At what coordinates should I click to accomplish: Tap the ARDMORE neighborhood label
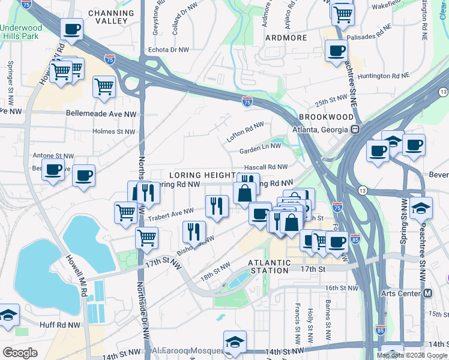(285, 38)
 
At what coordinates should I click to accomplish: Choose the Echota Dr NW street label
(168, 51)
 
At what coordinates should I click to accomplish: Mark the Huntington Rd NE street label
(384, 76)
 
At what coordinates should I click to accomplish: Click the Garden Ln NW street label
(260, 146)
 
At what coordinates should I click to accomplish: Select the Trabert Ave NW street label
(172, 212)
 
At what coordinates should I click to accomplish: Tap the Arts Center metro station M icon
(427, 293)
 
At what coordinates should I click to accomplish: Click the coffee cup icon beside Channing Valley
(71, 29)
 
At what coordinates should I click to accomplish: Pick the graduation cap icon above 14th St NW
(235, 341)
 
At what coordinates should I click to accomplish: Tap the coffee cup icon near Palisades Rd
(336, 50)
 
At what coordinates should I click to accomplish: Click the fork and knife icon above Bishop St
(194, 231)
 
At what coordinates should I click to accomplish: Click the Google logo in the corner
(20, 353)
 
